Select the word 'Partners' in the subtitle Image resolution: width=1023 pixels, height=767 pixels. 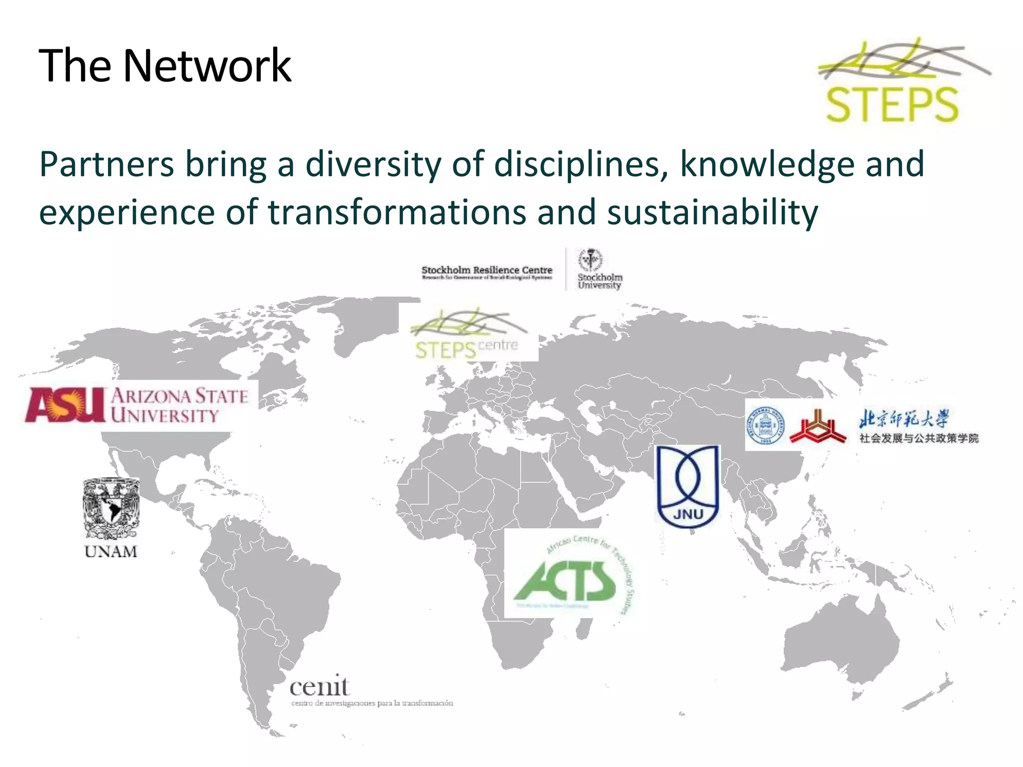pyautogui.click(x=106, y=165)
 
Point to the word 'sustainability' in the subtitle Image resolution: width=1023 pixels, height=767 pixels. pyautogui.click(x=712, y=212)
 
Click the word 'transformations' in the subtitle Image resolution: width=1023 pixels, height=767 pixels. pyautogui.click(x=397, y=212)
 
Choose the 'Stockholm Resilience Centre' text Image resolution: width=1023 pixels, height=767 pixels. pyautogui.click(x=487, y=270)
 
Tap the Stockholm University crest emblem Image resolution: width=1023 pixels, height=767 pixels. pyautogui.click(x=590, y=260)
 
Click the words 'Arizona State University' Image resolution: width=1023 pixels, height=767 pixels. pyautogui.click(x=179, y=405)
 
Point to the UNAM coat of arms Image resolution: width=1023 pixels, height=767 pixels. pyautogui.click(x=111, y=508)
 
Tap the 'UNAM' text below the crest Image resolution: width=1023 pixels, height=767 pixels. pyautogui.click(x=111, y=552)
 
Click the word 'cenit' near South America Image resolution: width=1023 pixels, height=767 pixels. pyautogui.click(x=319, y=687)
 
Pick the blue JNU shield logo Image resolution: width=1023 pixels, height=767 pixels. pyautogui.click(x=688, y=486)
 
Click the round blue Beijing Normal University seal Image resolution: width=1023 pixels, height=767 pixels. pyautogui.click(x=765, y=425)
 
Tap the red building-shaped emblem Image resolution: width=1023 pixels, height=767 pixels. pyautogui.click(x=818, y=427)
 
